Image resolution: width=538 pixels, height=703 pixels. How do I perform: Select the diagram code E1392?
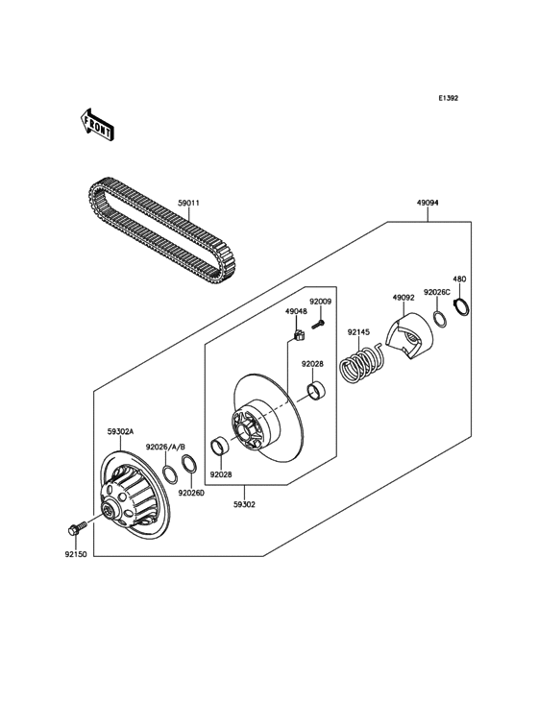tap(448, 98)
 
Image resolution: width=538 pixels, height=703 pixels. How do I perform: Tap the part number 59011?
tap(188, 203)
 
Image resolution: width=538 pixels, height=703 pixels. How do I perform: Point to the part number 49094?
tap(428, 204)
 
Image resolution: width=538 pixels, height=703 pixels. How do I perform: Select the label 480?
tap(459, 279)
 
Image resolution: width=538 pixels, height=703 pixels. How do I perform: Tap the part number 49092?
tap(403, 298)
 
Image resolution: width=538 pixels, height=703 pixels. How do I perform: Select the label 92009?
tap(320, 302)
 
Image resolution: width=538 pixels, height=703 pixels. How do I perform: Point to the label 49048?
tap(295, 311)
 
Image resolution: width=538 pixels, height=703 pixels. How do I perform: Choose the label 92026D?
tap(190, 494)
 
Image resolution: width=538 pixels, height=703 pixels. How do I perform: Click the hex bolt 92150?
tap(76, 528)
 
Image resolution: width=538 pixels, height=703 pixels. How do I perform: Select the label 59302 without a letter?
tap(244, 503)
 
